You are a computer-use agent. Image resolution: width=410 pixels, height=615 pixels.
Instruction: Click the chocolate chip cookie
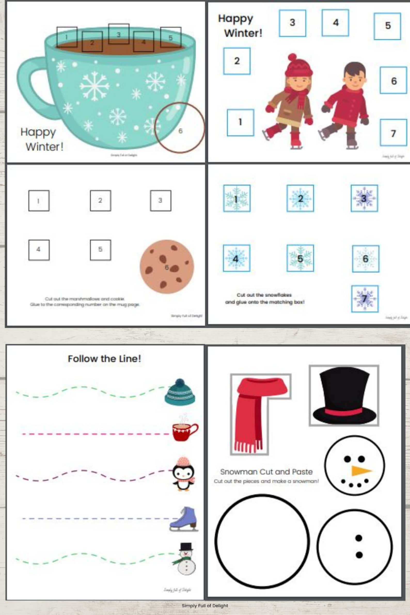[167, 266]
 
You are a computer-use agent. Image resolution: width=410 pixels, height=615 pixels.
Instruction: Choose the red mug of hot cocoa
[184, 431]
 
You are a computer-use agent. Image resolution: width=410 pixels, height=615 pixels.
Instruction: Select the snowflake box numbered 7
[365, 299]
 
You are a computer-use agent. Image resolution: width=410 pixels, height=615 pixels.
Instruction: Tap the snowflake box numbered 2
[300, 199]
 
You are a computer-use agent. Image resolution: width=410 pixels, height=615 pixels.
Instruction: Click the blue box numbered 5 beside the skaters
[388, 26]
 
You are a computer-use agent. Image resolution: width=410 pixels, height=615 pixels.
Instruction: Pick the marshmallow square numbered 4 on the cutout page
[39, 250]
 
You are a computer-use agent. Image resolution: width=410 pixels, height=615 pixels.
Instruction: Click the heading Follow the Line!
[104, 358]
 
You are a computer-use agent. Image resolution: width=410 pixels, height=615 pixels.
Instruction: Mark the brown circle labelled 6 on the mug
[179, 128]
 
